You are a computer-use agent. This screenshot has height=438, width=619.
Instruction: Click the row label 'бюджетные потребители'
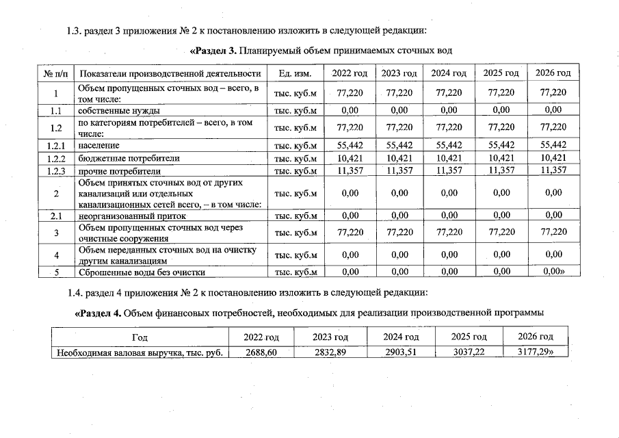(121, 158)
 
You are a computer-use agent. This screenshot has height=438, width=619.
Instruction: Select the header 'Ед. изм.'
(295, 73)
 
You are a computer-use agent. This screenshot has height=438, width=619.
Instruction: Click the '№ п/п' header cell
(55, 73)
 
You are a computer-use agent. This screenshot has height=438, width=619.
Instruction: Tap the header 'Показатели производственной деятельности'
(170, 73)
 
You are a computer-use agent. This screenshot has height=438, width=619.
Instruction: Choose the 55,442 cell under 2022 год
(349, 145)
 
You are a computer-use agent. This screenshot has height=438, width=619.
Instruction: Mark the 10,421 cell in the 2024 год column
(449, 158)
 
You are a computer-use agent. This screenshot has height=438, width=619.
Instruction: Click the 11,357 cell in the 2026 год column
(553, 170)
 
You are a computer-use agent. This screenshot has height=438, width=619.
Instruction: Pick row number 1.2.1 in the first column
(55, 146)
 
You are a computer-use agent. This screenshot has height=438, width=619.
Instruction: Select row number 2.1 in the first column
(55, 216)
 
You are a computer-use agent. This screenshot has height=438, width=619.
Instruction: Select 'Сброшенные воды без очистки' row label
(142, 272)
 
